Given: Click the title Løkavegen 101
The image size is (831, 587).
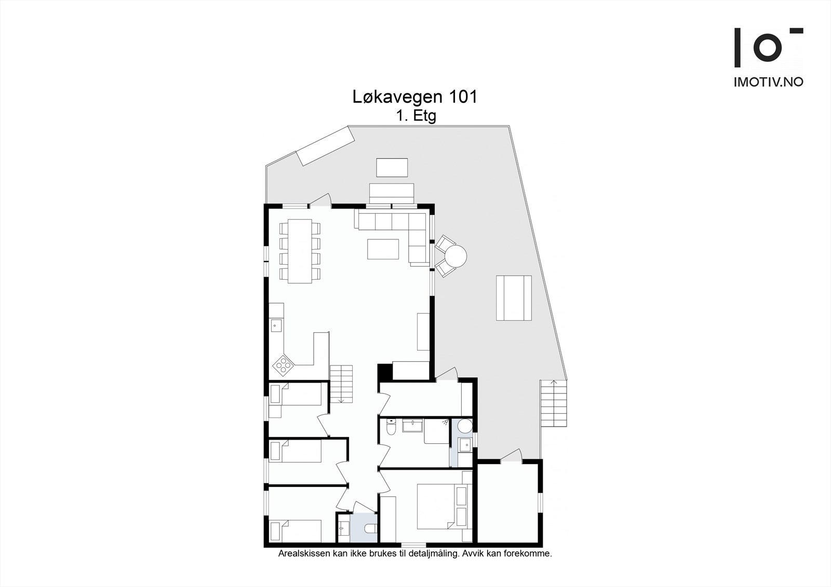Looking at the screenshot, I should (414, 97).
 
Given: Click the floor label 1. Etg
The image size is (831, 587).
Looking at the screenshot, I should (416, 116).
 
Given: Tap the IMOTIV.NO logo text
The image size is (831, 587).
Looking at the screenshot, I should (768, 82).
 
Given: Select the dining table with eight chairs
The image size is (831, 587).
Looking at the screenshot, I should (300, 251).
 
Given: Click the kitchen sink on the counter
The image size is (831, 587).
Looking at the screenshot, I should (276, 326).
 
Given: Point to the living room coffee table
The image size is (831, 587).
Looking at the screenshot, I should (383, 249).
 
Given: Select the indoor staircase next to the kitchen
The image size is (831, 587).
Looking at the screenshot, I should (341, 384).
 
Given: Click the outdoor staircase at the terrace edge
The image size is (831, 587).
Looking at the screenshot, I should (553, 403).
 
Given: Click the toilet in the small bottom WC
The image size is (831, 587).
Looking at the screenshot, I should (370, 528).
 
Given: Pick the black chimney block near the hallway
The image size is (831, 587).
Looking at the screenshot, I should (384, 372).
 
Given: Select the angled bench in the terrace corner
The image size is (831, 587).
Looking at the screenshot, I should (326, 147).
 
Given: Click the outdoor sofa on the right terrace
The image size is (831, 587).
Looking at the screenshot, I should (514, 298).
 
